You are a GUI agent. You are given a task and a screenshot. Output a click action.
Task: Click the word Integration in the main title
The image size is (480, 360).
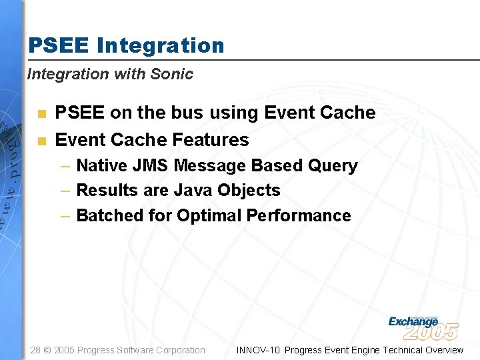(160, 45)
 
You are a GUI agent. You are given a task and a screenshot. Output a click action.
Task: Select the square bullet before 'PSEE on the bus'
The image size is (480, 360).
(41, 114)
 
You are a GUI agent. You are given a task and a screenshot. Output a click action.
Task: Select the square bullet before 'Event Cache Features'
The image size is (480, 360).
(41, 141)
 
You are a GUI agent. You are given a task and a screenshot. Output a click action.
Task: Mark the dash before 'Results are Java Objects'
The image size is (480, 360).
(65, 191)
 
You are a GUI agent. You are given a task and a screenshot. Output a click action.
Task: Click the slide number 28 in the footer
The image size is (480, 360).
(36, 350)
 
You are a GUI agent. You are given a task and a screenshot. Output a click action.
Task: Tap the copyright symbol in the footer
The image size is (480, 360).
(48, 350)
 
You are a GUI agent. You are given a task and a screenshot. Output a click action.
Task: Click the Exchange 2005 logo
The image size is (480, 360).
(423, 327)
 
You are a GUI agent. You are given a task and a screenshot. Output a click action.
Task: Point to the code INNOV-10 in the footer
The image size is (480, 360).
(259, 350)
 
